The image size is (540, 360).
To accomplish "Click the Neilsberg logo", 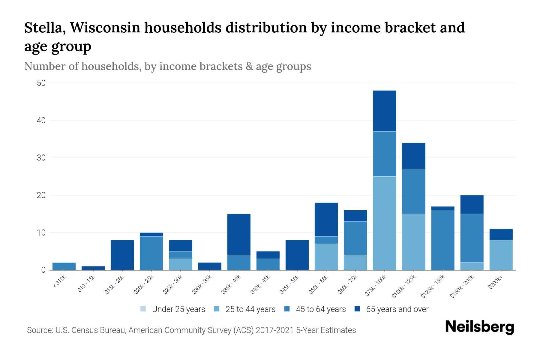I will pyautogui.click(x=479, y=327).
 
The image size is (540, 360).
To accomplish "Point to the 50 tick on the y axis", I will pyautogui.click(x=41, y=83).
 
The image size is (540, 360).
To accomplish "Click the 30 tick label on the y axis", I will pyautogui.click(x=41, y=158).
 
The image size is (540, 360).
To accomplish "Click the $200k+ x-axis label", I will pyautogui.click(x=495, y=283).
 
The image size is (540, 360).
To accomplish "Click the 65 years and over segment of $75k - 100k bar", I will pyautogui.click(x=384, y=111).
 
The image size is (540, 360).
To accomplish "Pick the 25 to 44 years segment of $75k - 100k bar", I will pyautogui.click(x=384, y=223).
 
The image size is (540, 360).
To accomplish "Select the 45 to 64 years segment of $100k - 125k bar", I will pyautogui.click(x=413, y=191).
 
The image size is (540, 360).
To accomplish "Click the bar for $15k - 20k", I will pyautogui.click(x=122, y=255).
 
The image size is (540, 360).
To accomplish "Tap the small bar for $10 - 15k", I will pyautogui.click(x=93, y=268).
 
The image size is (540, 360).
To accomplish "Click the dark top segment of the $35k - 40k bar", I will pyautogui.click(x=239, y=234).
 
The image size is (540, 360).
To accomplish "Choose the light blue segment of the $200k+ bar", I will pyautogui.click(x=501, y=255).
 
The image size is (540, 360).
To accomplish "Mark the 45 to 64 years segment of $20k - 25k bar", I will pyautogui.click(x=151, y=253).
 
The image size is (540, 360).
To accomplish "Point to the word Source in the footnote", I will pyautogui.click(x=39, y=330).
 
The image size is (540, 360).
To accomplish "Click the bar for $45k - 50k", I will pyautogui.click(x=297, y=255).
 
